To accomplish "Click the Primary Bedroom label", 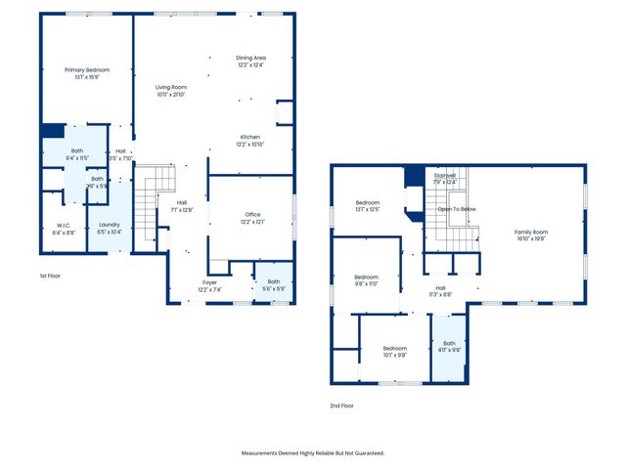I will coord(87,70).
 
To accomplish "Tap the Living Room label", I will coord(170,88).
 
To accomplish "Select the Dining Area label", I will coord(251,58).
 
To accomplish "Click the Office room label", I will coord(251,216).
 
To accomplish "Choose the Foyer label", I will coord(210,283).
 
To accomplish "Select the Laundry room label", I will coord(110,227).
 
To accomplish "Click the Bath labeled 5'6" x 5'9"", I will coord(273,283).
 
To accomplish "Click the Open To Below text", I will coord(457,209).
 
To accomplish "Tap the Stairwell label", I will coord(445,176).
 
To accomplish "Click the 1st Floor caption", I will coord(50,277).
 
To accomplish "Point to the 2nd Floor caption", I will coord(341,405).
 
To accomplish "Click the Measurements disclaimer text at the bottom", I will coord(313,453).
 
